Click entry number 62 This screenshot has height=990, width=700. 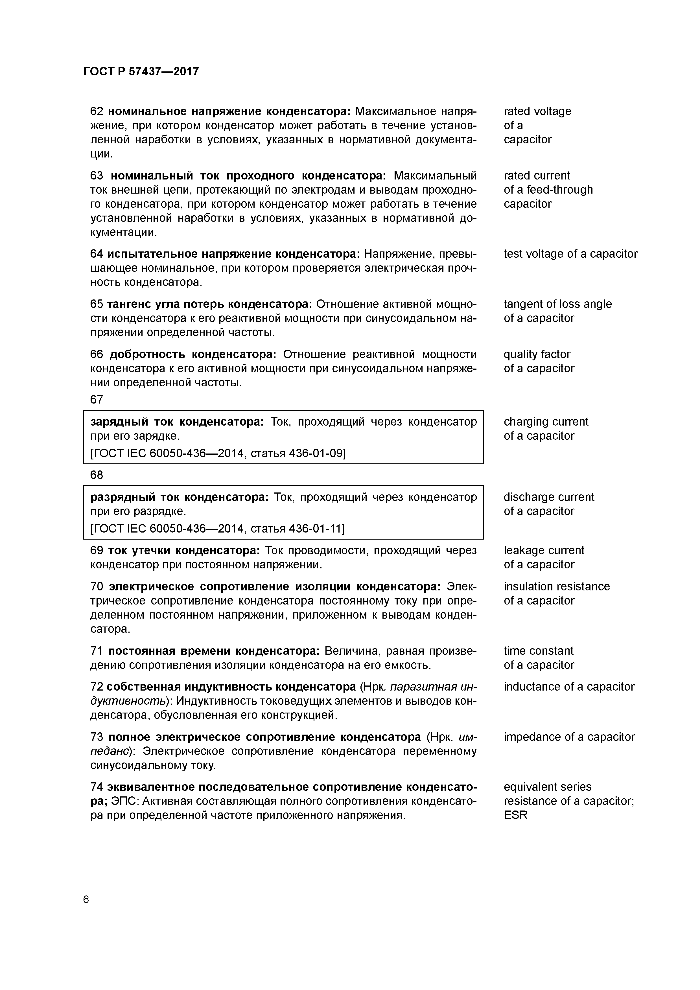tap(97, 111)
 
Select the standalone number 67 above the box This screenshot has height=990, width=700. tap(97, 400)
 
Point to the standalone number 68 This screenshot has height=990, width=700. tap(97, 475)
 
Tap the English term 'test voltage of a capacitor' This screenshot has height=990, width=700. tap(570, 254)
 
